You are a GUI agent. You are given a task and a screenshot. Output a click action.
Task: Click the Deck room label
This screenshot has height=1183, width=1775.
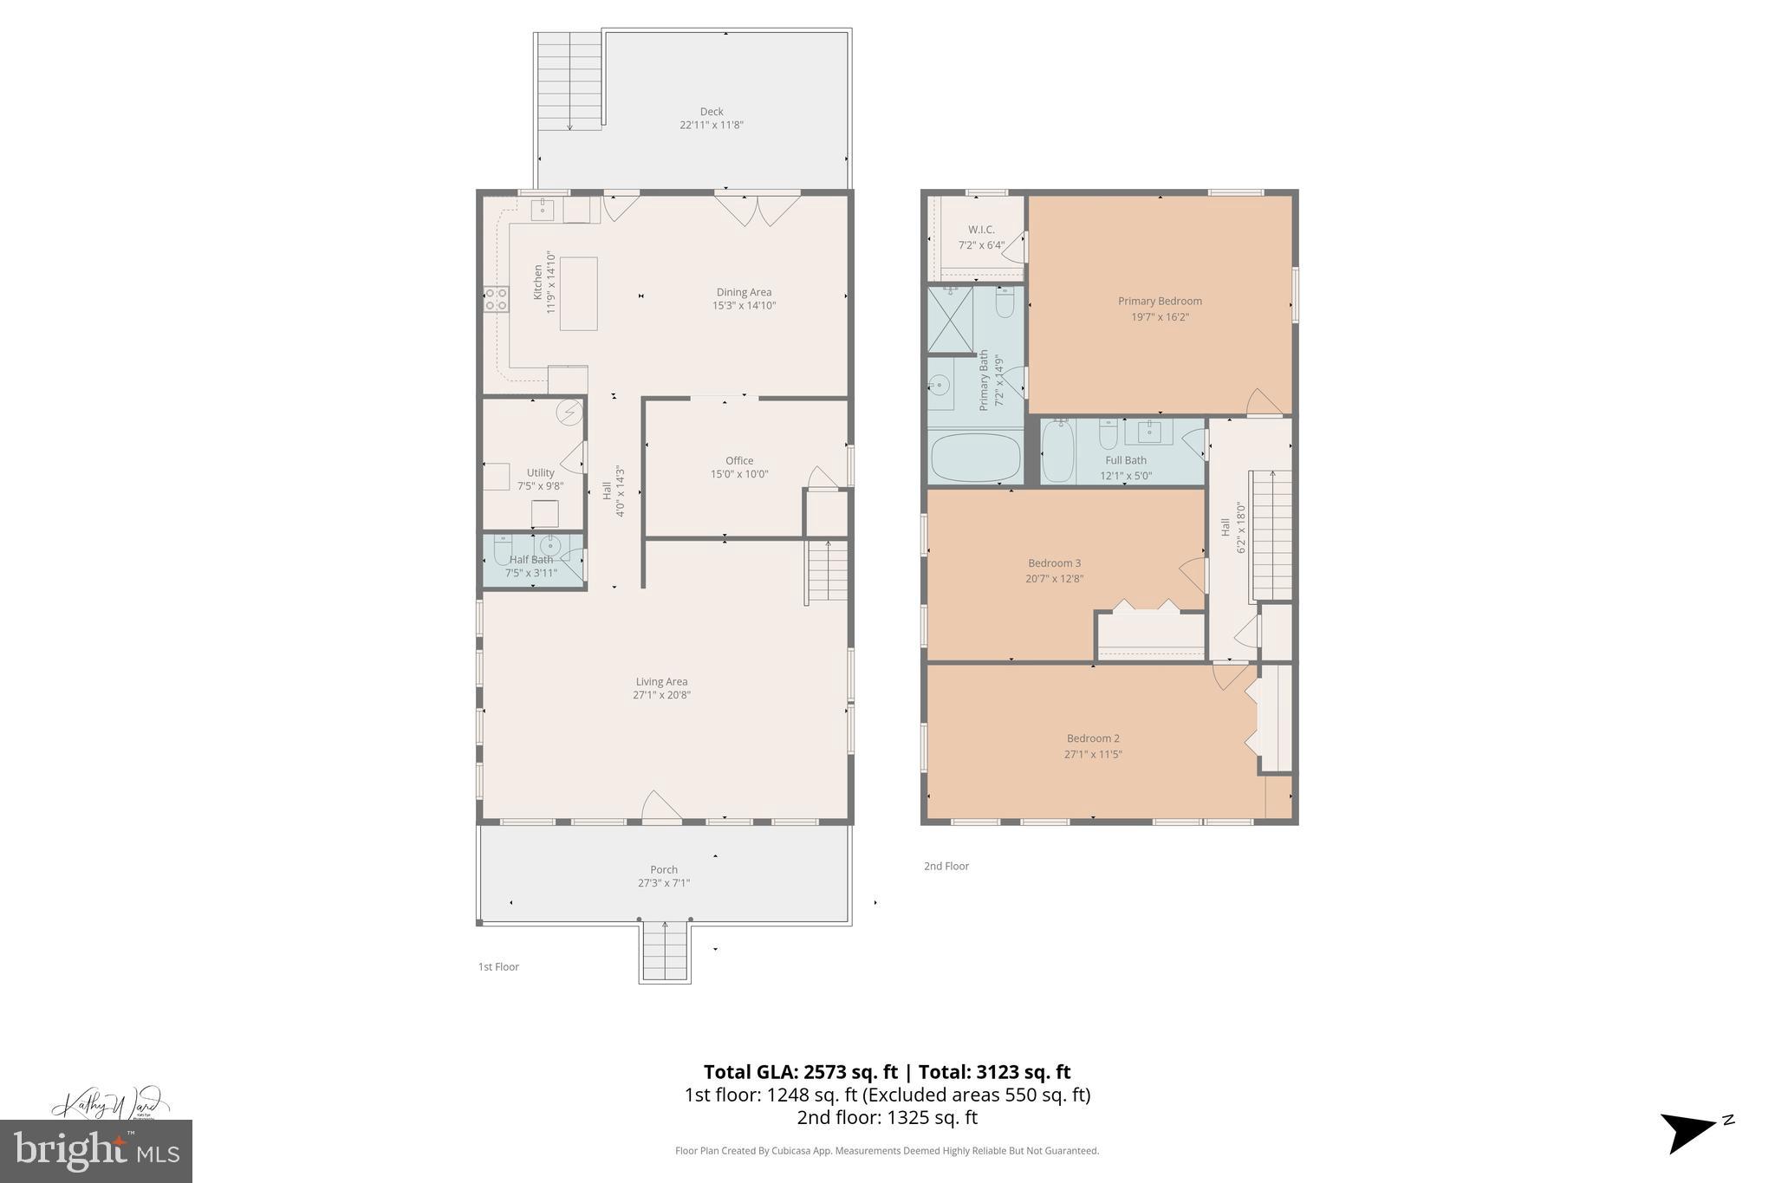click(x=712, y=111)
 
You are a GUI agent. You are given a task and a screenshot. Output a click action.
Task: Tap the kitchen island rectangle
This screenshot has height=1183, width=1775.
click(x=578, y=293)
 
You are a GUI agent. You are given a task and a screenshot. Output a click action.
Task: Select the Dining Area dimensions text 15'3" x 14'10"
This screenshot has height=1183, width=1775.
click(x=744, y=306)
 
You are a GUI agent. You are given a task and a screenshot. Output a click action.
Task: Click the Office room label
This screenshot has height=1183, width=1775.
click(x=739, y=460)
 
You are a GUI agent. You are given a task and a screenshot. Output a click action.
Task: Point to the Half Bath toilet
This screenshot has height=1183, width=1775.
click(x=503, y=550)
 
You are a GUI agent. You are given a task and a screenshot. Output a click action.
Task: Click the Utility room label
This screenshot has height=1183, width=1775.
click(x=540, y=472)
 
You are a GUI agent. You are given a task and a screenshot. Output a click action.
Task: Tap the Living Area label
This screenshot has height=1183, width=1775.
click(x=661, y=681)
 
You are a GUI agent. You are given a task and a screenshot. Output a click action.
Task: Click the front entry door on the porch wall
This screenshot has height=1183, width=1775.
click(x=661, y=808)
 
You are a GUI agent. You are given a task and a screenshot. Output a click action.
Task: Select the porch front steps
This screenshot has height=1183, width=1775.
click(x=666, y=952)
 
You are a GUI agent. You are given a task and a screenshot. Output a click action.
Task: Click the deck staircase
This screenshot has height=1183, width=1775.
click(x=569, y=81)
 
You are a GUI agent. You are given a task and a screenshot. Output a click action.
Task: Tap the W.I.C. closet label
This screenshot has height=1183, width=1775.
click(x=981, y=230)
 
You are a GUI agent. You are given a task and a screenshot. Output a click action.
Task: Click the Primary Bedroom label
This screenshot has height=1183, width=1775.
click(x=1160, y=301)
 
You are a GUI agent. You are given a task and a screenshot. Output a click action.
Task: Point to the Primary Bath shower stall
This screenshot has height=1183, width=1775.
click(x=951, y=321)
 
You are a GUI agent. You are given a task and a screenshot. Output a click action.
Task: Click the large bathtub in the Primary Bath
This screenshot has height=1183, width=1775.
click(x=975, y=458)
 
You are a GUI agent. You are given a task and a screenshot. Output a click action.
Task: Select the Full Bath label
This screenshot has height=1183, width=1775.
click(x=1126, y=460)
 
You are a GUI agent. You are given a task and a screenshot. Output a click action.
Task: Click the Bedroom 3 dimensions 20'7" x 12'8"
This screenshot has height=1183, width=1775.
click(x=1054, y=579)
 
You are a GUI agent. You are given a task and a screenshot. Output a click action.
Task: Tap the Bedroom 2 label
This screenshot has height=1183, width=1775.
click(x=1093, y=738)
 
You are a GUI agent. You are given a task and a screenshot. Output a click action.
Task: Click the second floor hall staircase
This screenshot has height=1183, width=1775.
click(x=1271, y=536)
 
